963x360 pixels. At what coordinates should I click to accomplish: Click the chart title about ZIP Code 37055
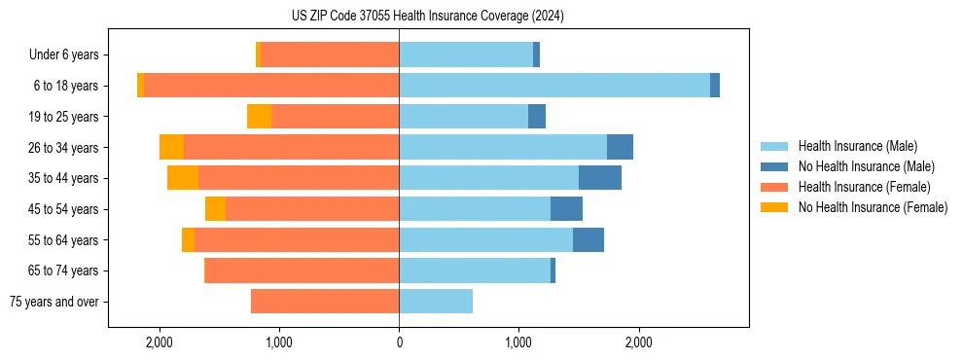(x=427, y=17)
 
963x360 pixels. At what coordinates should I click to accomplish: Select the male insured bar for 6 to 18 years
(x=554, y=86)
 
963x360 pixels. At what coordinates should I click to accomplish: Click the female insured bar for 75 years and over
(x=325, y=302)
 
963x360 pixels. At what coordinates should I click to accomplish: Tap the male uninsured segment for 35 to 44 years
(x=600, y=178)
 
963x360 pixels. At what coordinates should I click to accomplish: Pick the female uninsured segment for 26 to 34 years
(x=172, y=147)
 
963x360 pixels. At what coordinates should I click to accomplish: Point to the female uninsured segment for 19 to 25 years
(x=259, y=117)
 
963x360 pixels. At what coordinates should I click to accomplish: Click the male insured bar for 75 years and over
(x=436, y=302)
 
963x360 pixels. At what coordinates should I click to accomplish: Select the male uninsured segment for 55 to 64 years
(x=588, y=239)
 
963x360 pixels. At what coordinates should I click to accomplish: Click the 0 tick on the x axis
(x=399, y=342)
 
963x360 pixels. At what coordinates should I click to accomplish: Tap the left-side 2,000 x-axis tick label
(x=159, y=342)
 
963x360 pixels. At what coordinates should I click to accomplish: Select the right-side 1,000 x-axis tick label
(x=518, y=342)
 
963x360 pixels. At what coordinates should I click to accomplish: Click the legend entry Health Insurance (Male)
(x=857, y=146)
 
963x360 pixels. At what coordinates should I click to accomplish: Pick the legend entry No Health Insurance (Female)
(x=873, y=207)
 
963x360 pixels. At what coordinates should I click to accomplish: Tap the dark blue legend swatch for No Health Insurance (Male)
(x=774, y=166)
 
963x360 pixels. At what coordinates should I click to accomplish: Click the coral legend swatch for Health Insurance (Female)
(x=774, y=187)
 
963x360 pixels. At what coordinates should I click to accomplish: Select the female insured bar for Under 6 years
(x=330, y=55)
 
